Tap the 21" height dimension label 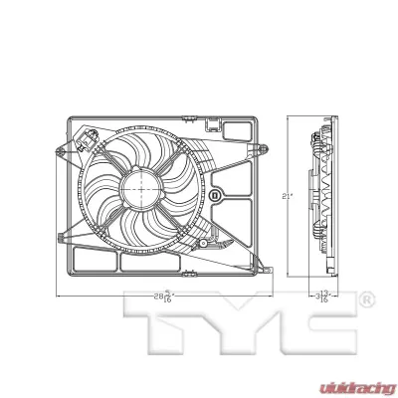[x=286, y=197]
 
